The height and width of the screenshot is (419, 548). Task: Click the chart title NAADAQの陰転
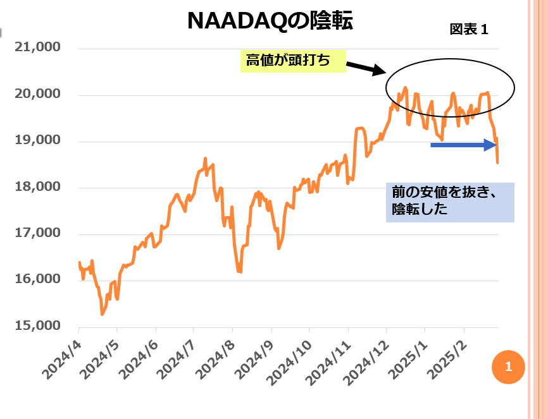tap(270, 21)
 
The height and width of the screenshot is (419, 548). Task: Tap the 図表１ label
tap(469, 30)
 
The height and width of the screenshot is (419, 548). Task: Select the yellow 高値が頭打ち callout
tap(293, 61)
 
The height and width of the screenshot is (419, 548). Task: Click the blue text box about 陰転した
tap(449, 202)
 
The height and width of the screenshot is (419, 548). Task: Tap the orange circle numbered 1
tap(508, 367)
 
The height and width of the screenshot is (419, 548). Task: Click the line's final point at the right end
tap(498, 163)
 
